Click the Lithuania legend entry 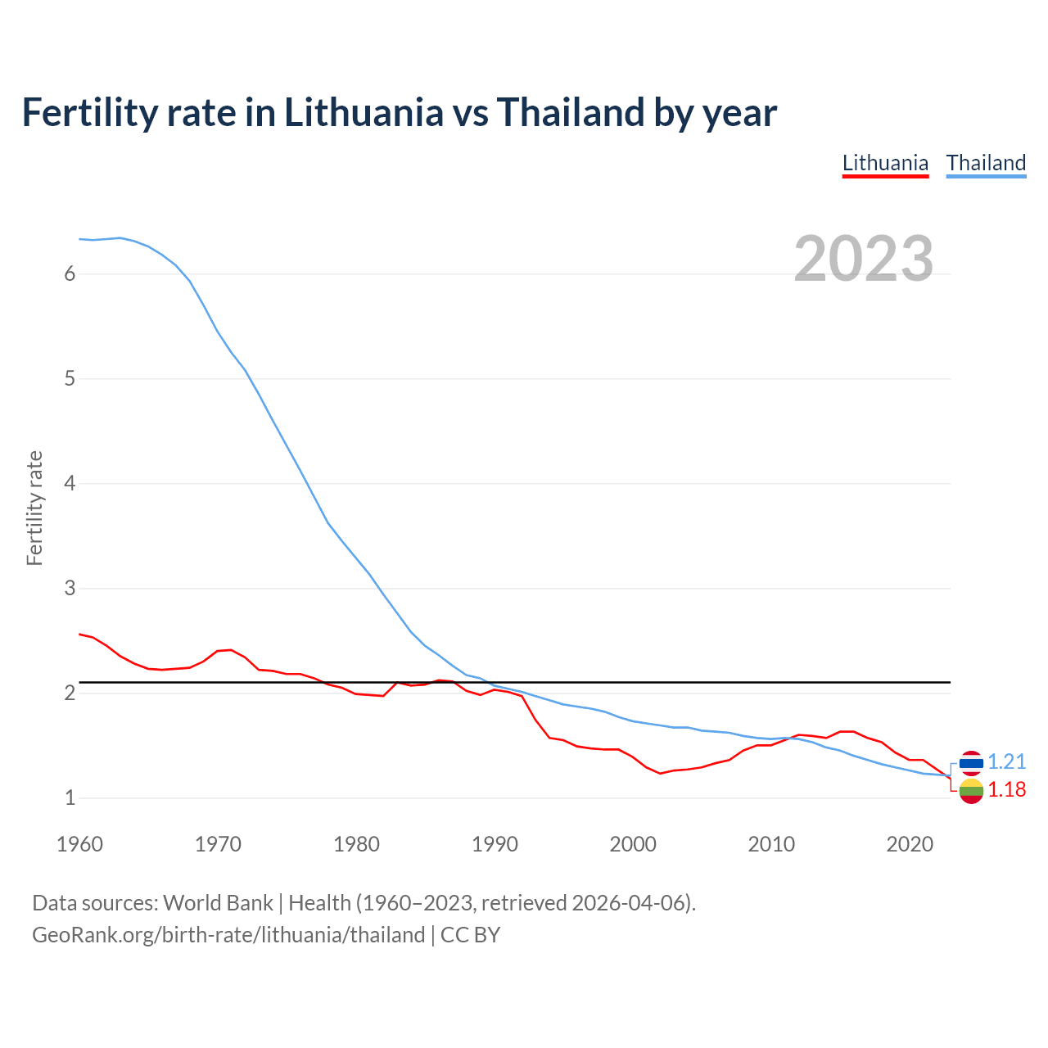[x=885, y=163]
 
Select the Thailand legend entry [x=986, y=163]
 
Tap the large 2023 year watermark [x=863, y=259]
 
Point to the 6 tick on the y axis [x=70, y=274]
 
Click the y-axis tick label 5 [x=70, y=379]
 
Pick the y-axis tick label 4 [x=70, y=484]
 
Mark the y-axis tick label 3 [x=70, y=589]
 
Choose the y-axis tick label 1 [x=70, y=798]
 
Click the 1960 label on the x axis [x=79, y=844]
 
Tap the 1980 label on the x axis [x=356, y=844]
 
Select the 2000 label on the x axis [x=633, y=844]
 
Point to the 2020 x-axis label [x=910, y=844]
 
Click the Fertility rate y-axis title [x=34, y=508]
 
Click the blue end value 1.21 [x=1006, y=762]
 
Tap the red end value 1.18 [x=1006, y=790]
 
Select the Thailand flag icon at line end [x=971, y=762]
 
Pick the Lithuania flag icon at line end [x=971, y=791]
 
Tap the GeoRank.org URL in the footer [x=228, y=935]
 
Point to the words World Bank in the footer [x=218, y=903]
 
